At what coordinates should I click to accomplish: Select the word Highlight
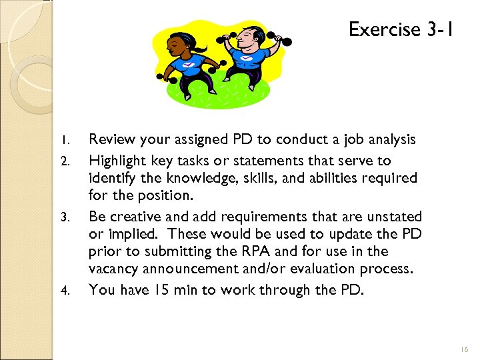click(119, 161)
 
